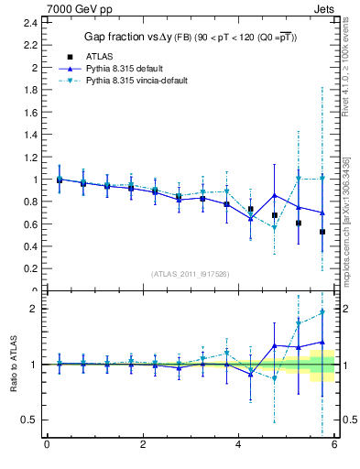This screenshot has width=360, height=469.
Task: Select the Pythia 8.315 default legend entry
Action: click(125, 68)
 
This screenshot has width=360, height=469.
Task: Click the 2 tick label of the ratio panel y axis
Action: click(34, 309)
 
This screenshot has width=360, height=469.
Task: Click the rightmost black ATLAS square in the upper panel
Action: click(322, 232)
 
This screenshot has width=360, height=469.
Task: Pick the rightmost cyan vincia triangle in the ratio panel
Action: click(322, 313)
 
